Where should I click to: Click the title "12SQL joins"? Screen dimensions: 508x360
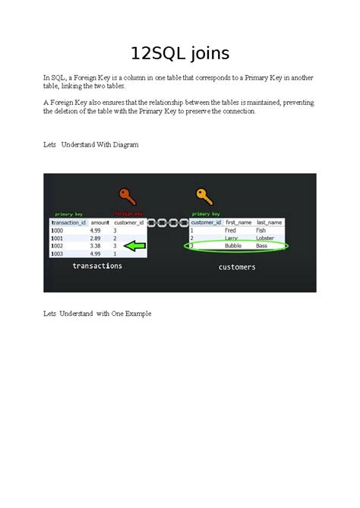[179, 53]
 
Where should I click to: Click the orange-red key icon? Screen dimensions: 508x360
[127, 197]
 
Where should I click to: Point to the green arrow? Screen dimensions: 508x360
[134, 246]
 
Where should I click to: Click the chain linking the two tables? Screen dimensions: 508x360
[168, 223]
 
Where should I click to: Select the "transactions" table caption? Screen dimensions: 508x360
[97, 266]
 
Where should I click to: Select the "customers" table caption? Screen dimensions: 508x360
[237, 267]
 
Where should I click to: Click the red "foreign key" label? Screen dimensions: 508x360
[128, 214]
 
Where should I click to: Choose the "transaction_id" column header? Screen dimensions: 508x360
[68, 222]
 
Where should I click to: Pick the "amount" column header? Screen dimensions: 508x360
[100, 222]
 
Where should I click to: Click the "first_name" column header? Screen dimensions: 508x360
[238, 222]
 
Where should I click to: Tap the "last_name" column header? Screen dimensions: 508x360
[270, 222]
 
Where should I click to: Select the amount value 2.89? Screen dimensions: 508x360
[96, 238]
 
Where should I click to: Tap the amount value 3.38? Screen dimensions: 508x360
[96, 246]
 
